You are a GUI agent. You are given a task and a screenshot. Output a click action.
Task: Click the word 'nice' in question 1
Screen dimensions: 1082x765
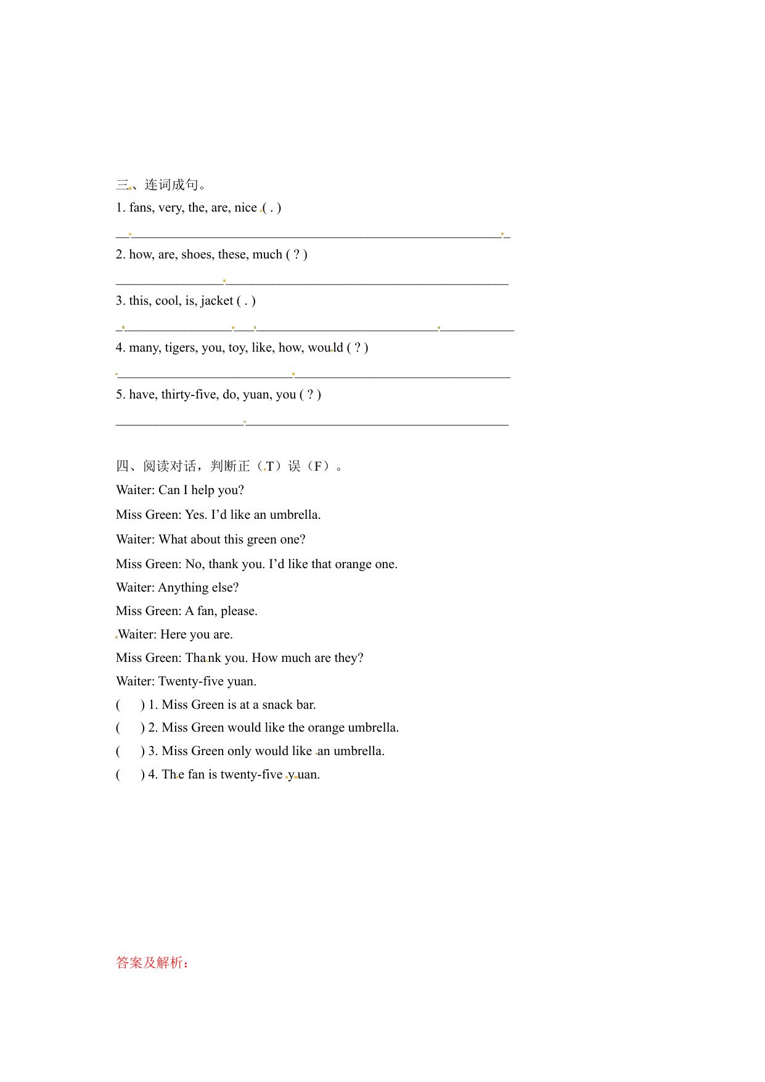click(245, 208)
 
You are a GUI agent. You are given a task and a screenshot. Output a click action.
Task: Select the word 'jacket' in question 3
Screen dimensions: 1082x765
click(217, 301)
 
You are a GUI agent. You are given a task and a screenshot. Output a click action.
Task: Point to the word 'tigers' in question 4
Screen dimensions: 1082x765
click(181, 348)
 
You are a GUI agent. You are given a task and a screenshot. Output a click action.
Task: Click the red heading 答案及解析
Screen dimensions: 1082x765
click(152, 962)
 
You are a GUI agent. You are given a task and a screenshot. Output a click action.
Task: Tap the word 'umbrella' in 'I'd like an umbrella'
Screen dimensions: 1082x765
click(295, 515)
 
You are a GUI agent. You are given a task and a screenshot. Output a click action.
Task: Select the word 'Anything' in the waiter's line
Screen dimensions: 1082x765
click(183, 588)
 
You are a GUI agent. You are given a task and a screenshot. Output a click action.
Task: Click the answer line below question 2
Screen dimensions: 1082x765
click(312, 283)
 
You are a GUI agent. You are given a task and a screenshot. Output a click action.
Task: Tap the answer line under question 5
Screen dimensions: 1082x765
click(312, 423)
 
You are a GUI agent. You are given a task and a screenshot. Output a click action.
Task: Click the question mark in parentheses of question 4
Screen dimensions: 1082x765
click(358, 348)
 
